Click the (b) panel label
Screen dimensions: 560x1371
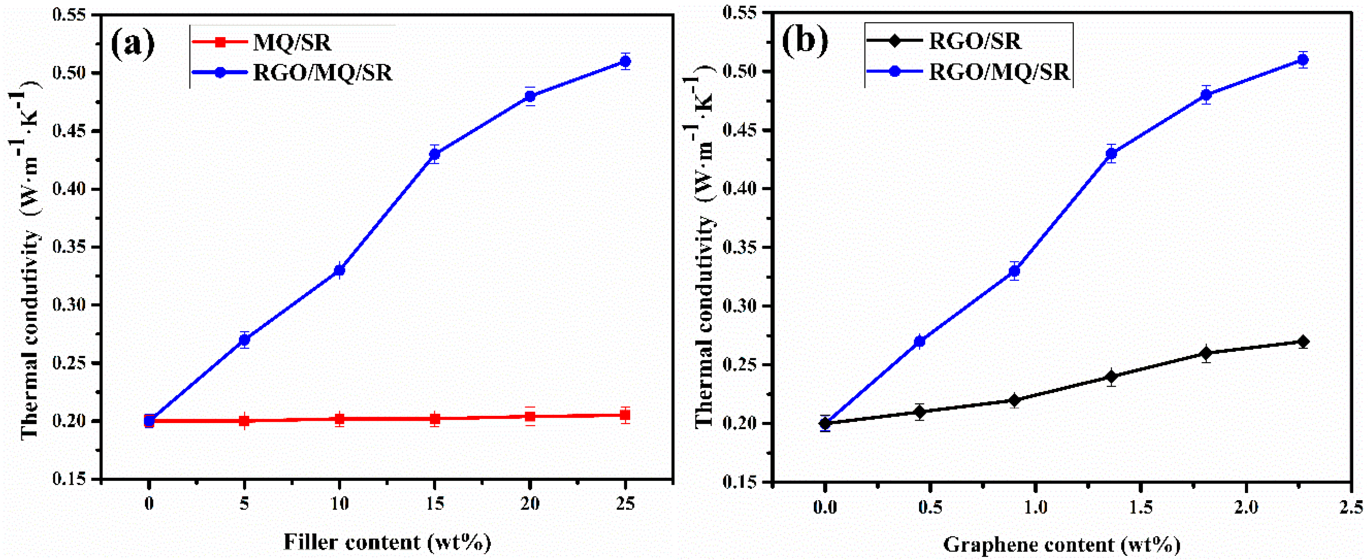click(x=804, y=40)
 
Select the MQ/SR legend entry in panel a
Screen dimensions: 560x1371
click(x=292, y=42)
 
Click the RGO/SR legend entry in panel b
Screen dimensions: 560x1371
click(x=974, y=41)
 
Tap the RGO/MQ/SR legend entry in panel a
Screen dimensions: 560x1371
click(x=322, y=72)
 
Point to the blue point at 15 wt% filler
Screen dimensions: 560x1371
click(x=435, y=154)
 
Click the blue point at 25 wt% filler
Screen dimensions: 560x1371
click(x=625, y=61)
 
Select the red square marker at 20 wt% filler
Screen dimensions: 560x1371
click(x=530, y=417)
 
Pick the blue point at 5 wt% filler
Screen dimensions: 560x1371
click(x=244, y=340)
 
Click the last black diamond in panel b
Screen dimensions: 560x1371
click(x=1303, y=341)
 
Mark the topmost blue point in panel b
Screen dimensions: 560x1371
click(x=1303, y=60)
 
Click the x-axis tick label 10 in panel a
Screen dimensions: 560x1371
click(x=339, y=503)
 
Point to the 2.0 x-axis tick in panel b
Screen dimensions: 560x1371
click(x=1246, y=506)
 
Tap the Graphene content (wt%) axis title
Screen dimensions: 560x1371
click(x=1061, y=544)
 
